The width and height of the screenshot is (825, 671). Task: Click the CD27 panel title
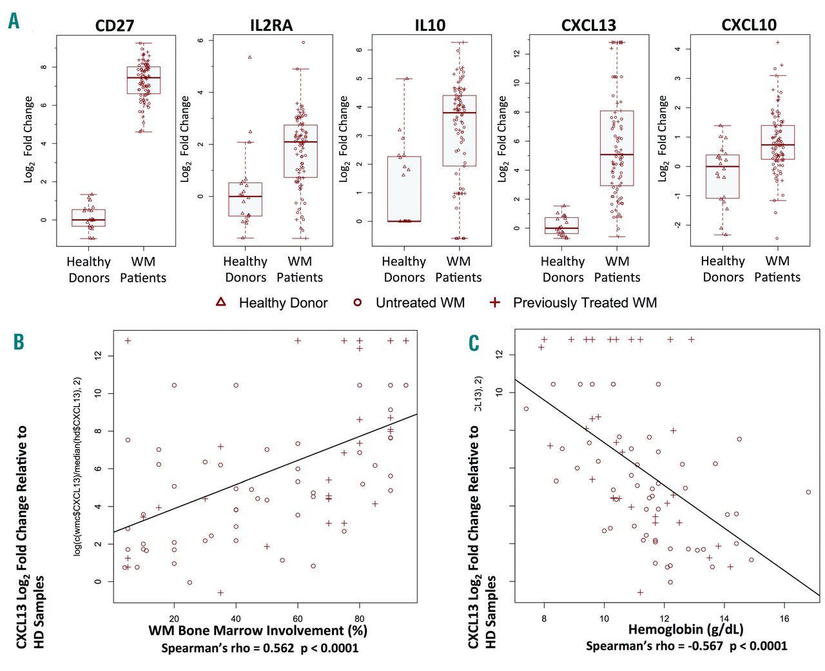pyautogui.click(x=115, y=26)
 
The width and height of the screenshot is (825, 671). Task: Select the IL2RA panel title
pyautogui.click(x=271, y=26)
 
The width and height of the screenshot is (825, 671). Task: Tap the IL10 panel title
pyautogui.click(x=430, y=26)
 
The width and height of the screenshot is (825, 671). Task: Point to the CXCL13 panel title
pyautogui.click(x=588, y=26)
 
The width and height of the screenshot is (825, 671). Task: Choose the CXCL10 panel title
pyautogui.click(x=749, y=25)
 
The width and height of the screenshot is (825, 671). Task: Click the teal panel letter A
pyautogui.click(x=14, y=21)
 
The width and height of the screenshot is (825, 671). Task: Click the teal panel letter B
pyautogui.click(x=19, y=342)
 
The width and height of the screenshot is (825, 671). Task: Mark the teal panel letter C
pyautogui.click(x=474, y=342)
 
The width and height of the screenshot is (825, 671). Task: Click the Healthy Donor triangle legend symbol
pyautogui.click(x=221, y=302)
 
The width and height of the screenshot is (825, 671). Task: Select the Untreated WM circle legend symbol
pyautogui.click(x=358, y=302)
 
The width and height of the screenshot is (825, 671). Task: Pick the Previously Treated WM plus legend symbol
pyautogui.click(x=494, y=302)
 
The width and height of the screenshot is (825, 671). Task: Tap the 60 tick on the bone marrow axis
pyautogui.click(x=298, y=618)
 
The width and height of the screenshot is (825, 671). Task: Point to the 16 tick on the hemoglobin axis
pyautogui.click(x=784, y=618)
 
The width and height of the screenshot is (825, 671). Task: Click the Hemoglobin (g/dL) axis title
pyautogui.click(x=686, y=630)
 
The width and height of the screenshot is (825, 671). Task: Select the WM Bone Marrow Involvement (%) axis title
pyautogui.click(x=258, y=630)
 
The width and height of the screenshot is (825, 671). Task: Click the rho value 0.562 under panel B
pyautogui.click(x=275, y=648)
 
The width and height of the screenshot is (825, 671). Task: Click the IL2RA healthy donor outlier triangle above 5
pyautogui.click(x=249, y=57)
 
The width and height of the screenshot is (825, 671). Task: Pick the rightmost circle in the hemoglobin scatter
pyautogui.click(x=808, y=492)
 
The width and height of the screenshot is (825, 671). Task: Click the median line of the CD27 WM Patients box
pyautogui.click(x=143, y=77)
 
